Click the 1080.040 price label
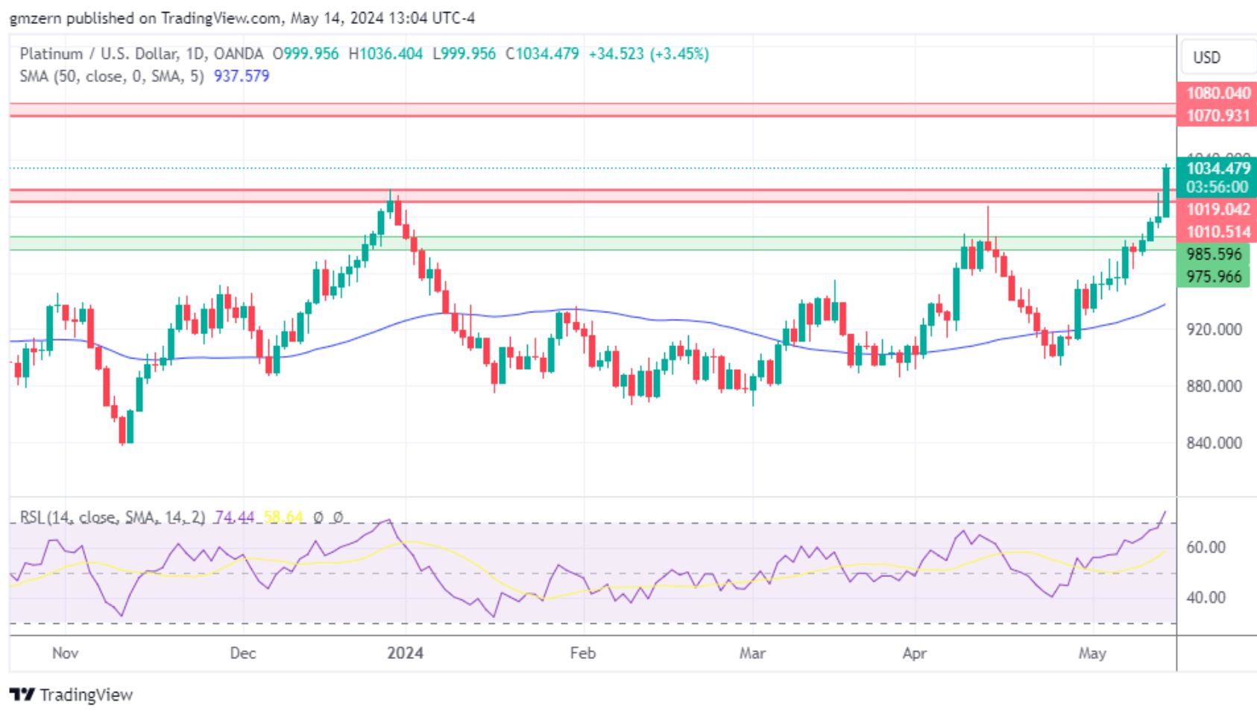(x=1217, y=93)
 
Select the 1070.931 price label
(x=1217, y=116)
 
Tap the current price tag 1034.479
(x=1217, y=168)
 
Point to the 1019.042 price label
(x=1217, y=209)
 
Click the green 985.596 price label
(x=1214, y=254)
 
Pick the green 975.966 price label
(x=1214, y=277)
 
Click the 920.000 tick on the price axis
(x=1214, y=329)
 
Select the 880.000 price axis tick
(x=1214, y=386)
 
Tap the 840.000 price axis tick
(x=1214, y=443)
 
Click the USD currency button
(x=1206, y=57)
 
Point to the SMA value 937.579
(x=242, y=76)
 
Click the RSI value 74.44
(x=234, y=517)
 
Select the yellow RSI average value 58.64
(x=283, y=517)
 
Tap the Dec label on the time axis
(x=243, y=653)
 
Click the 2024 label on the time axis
(x=405, y=653)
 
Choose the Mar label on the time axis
(x=752, y=653)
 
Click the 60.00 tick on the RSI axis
(x=1206, y=547)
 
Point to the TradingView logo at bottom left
(x=72, y=695)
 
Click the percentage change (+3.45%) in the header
(x=679, y=54)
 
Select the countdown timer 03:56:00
(x=1216, y=187)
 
